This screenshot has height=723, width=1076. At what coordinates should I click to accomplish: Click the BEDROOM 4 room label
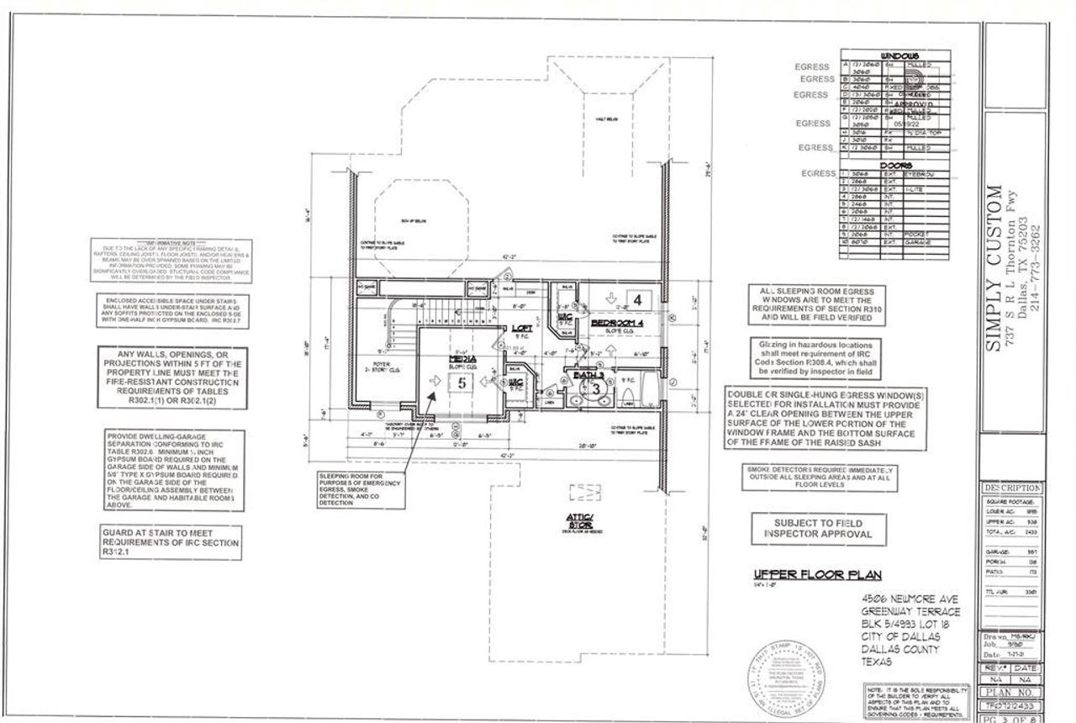[x=617, y=323]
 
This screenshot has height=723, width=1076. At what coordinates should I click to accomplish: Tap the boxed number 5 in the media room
[x=462, y=381]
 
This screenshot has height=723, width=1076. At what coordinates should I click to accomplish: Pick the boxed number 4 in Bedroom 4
[x=638, y=298]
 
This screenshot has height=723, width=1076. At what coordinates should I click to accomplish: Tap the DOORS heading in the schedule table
[x=894, y=166]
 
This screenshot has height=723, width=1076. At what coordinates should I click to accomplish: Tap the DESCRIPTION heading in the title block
[x=1011, y=488]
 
